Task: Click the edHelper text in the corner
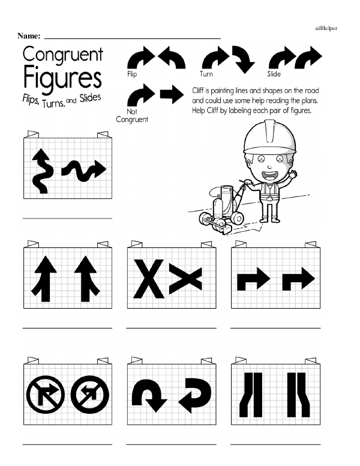pyautogui.click(x=326, y=28)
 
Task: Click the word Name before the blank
pyautogui.click(x=29, y=36)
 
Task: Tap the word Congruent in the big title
pyautogui.click(x=62, y=55)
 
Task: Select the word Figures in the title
pyautogui.click(x=62, y=78)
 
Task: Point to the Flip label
pyautogui.click(x=132, y=74)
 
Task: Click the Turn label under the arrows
pyautogui.click(x=206, y=74)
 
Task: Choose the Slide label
pyautogui.click(x=274, y=74)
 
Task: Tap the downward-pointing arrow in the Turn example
pyautogui.click(x=244, y=59)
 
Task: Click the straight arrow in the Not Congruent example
pyautogui.click(x=172, y=94)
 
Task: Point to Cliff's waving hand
pyautogui.click(x=293, y=174)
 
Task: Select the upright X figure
pyautogui.click(x=149, y=279)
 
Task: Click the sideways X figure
pyautogui.click(x=185, y=279)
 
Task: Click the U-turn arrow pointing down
pyautogui.click(x=149, y=396)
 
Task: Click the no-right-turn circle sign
pyautogui.click(x=46, y=395)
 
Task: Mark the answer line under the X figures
pyautogui.click(x=172, y=328)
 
